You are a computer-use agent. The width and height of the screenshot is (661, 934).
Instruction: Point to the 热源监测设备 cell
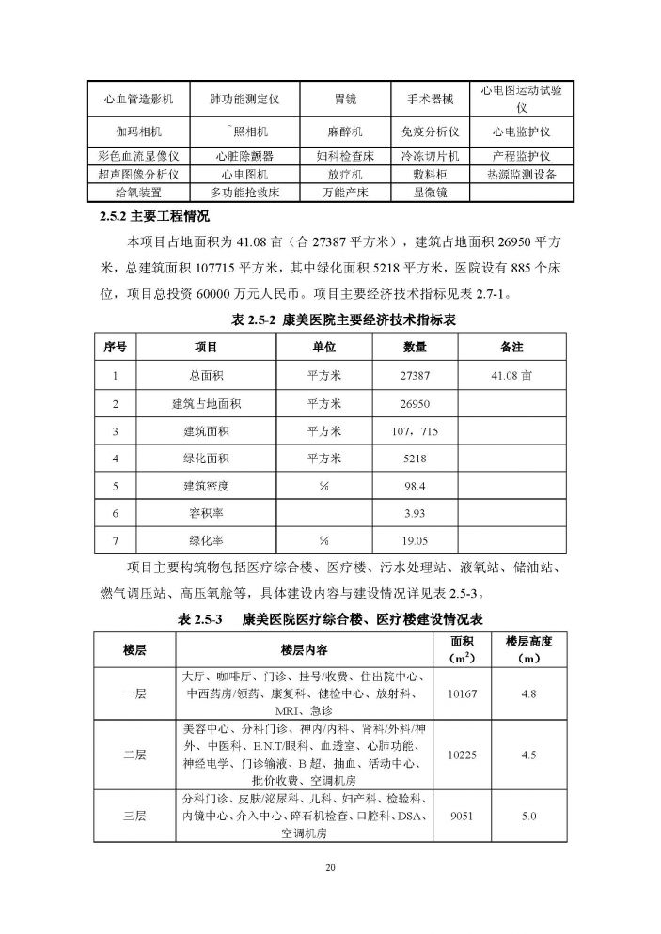[521, 174]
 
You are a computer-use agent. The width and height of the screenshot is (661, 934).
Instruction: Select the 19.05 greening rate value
[415, 541]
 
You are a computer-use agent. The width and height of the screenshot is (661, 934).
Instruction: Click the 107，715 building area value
[415, 431]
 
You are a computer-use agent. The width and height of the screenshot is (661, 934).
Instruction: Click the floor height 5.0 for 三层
[527, 817]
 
